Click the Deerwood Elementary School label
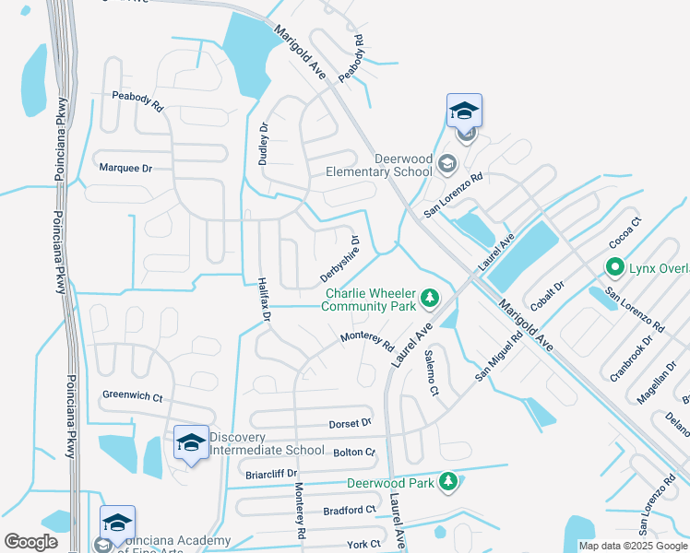tap(380, 165)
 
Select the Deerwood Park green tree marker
tap(447, 482)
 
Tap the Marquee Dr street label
tap(125, 169)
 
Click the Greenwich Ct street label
tap(132, 398)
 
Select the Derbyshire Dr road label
tap(339, 259)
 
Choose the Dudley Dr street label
tap(263, 143)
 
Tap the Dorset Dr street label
tap(350, 423)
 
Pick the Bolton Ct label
tap(354, 453)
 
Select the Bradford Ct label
tap(350, 510)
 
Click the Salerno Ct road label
tap(430, 373)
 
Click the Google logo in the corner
tap(30, 542)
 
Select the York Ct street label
tap(363, 544)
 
